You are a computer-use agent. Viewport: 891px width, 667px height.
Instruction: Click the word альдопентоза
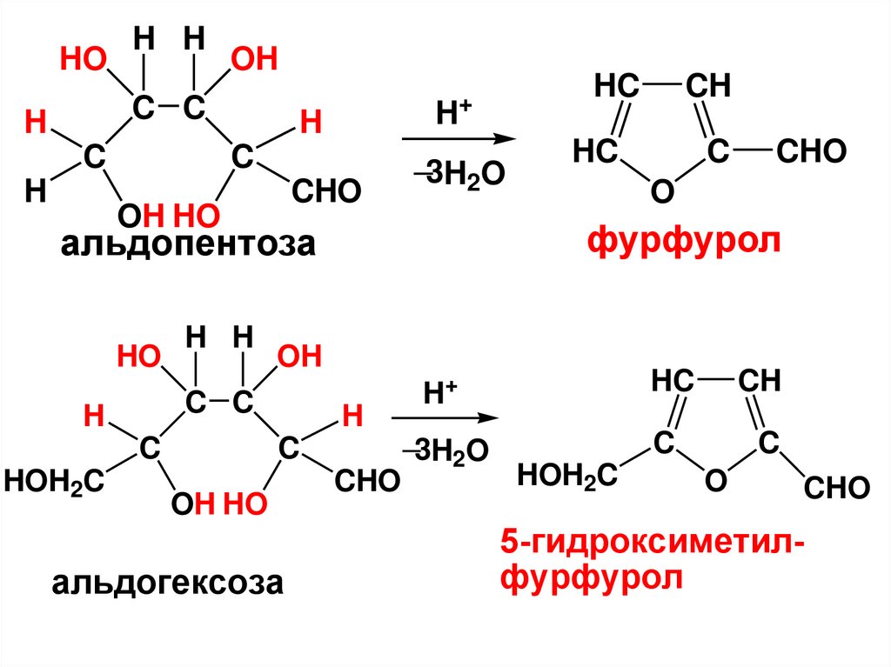tap(186, 246)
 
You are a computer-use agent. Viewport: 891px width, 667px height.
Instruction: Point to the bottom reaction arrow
tap(445, 418)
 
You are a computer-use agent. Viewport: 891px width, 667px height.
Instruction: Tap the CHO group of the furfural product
tap(810, 153)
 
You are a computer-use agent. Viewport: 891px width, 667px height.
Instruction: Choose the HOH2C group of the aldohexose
tap(55, 478)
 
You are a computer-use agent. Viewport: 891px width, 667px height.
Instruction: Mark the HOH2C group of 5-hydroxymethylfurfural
tap(567, 475)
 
